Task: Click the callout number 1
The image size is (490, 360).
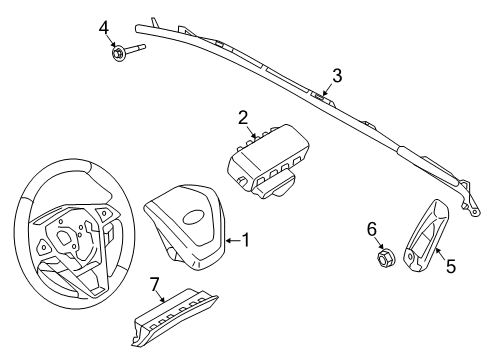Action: point(246,241)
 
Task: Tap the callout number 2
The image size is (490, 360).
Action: point(243,117)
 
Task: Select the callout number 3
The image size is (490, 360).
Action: point(337,75)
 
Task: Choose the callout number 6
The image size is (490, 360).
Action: point(372,230)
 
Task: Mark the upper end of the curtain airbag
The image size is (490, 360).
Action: point(157,17)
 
